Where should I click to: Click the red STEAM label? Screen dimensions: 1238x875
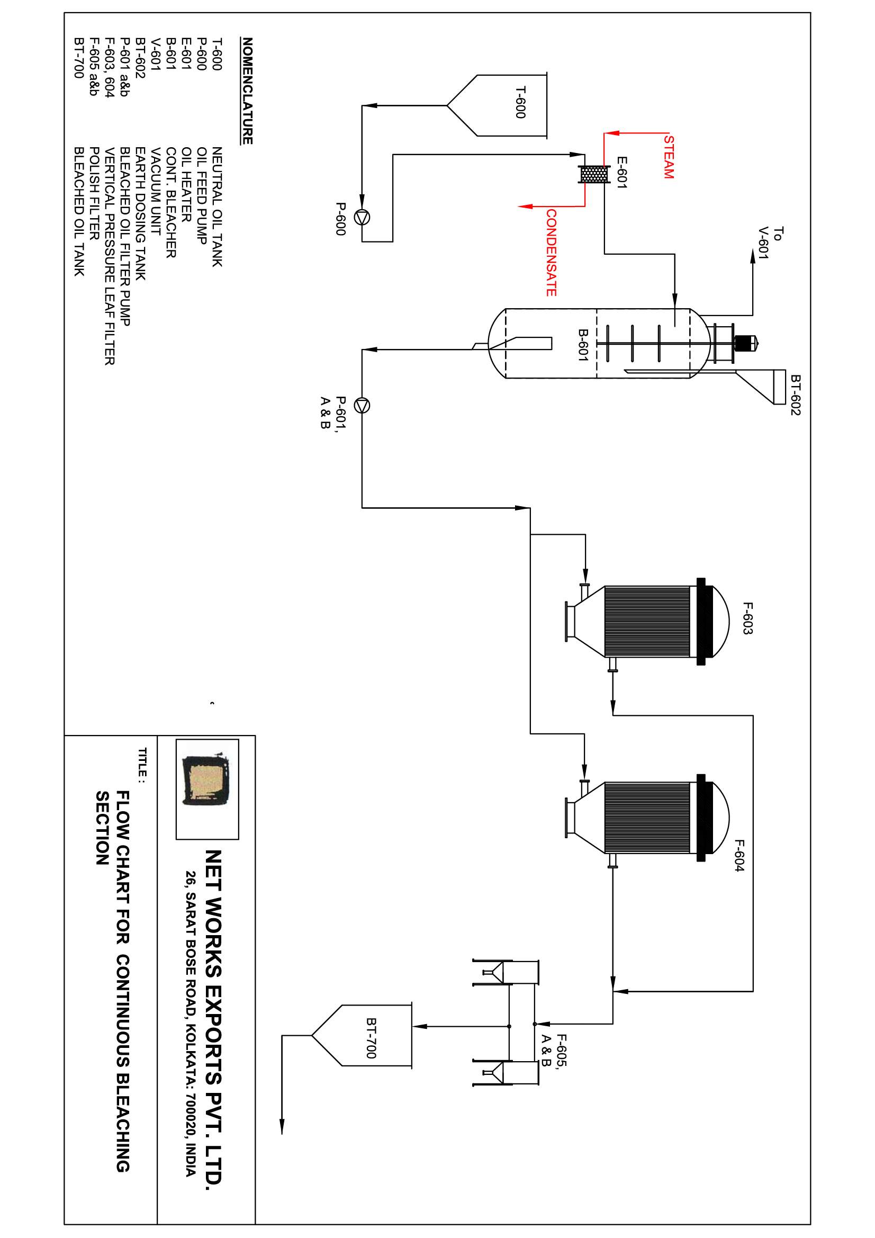tap(669, 157)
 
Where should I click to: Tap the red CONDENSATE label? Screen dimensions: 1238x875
tap(551, 253)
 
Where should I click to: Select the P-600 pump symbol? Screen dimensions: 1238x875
tap(362, 217)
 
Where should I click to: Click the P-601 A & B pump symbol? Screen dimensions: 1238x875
tap(362, 405)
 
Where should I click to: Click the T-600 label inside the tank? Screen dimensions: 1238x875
tap(520, 102)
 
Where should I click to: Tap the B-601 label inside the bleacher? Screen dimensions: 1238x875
tap(583, 345)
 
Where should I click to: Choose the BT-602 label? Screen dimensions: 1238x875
tap(796, 395)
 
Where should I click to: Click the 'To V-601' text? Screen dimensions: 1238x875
tap(770, 243)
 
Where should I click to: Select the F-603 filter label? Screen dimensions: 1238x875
tap(747, 618)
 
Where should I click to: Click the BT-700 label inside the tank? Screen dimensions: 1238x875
tap(371, 1038)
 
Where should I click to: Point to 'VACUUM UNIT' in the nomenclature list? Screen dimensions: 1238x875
tap(156, 191)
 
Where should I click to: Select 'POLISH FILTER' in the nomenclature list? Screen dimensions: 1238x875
tap(94, 194)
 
